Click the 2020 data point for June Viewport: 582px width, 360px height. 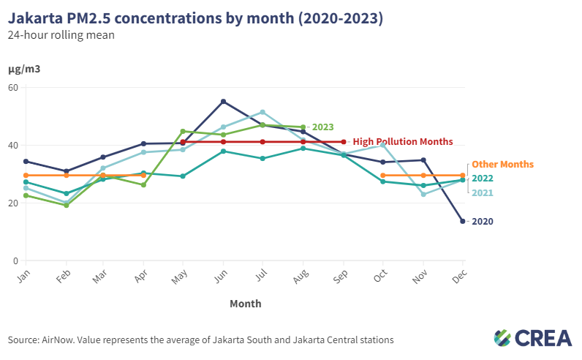[x=223, y=102]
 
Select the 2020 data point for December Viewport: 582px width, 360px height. [x=462, y=221]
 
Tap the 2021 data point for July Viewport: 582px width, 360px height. [x=262, y=112]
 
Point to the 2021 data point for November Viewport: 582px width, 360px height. [x=423, y=194]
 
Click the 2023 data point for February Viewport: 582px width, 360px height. [x=66, y=206]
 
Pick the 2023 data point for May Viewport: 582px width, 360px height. [x=183, y=132]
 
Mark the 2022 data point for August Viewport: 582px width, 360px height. [x=303, y=149]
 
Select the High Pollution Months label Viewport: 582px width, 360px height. [x=403, y=142]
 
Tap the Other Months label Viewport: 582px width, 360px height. [x=502, y=165]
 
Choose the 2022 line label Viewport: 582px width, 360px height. [x=482, y=179]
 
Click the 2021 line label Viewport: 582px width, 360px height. [x=482, y=193]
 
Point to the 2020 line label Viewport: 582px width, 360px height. [x=482, y=221]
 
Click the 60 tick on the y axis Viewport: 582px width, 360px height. [x=13, y=88]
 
